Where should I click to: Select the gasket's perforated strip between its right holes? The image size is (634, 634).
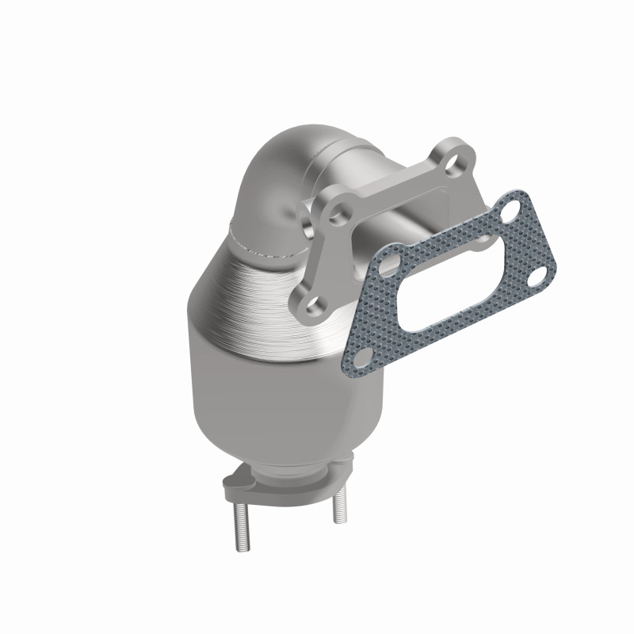(x=533, y=242)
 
